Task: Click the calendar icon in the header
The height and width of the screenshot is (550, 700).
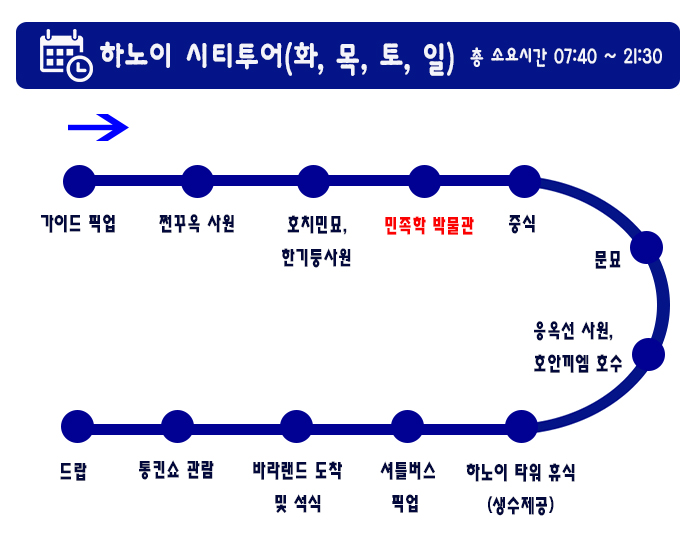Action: pos(66,55)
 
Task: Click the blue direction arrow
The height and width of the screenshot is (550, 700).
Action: pos(98,128)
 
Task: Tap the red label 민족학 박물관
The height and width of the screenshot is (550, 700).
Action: pos(429,225)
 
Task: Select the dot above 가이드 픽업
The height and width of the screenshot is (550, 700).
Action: pos(79,181)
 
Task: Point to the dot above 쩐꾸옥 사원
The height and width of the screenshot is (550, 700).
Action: pos(197,181)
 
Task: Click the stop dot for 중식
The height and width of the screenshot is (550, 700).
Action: pos(525,181)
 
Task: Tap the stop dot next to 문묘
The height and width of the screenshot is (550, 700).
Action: pos(646,247)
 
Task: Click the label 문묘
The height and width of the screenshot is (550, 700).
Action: pos(608,259)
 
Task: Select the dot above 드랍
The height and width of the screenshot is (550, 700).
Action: pos(77,426)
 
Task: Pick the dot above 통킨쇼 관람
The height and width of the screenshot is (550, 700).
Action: pos(177,426)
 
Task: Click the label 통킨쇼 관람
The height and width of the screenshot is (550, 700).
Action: pos(176,470)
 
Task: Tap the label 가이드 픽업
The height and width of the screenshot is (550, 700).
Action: pos(78,223)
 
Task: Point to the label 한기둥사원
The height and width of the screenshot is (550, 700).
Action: pos(316,258)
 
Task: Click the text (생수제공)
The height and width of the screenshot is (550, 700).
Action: pos(521,505)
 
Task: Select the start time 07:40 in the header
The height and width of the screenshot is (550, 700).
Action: pos(575,57)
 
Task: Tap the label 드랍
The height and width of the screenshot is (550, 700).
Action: pos(73,471)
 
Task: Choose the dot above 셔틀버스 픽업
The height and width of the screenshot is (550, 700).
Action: pos(407,426)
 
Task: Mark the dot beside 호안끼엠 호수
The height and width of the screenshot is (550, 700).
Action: pos(648,354)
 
